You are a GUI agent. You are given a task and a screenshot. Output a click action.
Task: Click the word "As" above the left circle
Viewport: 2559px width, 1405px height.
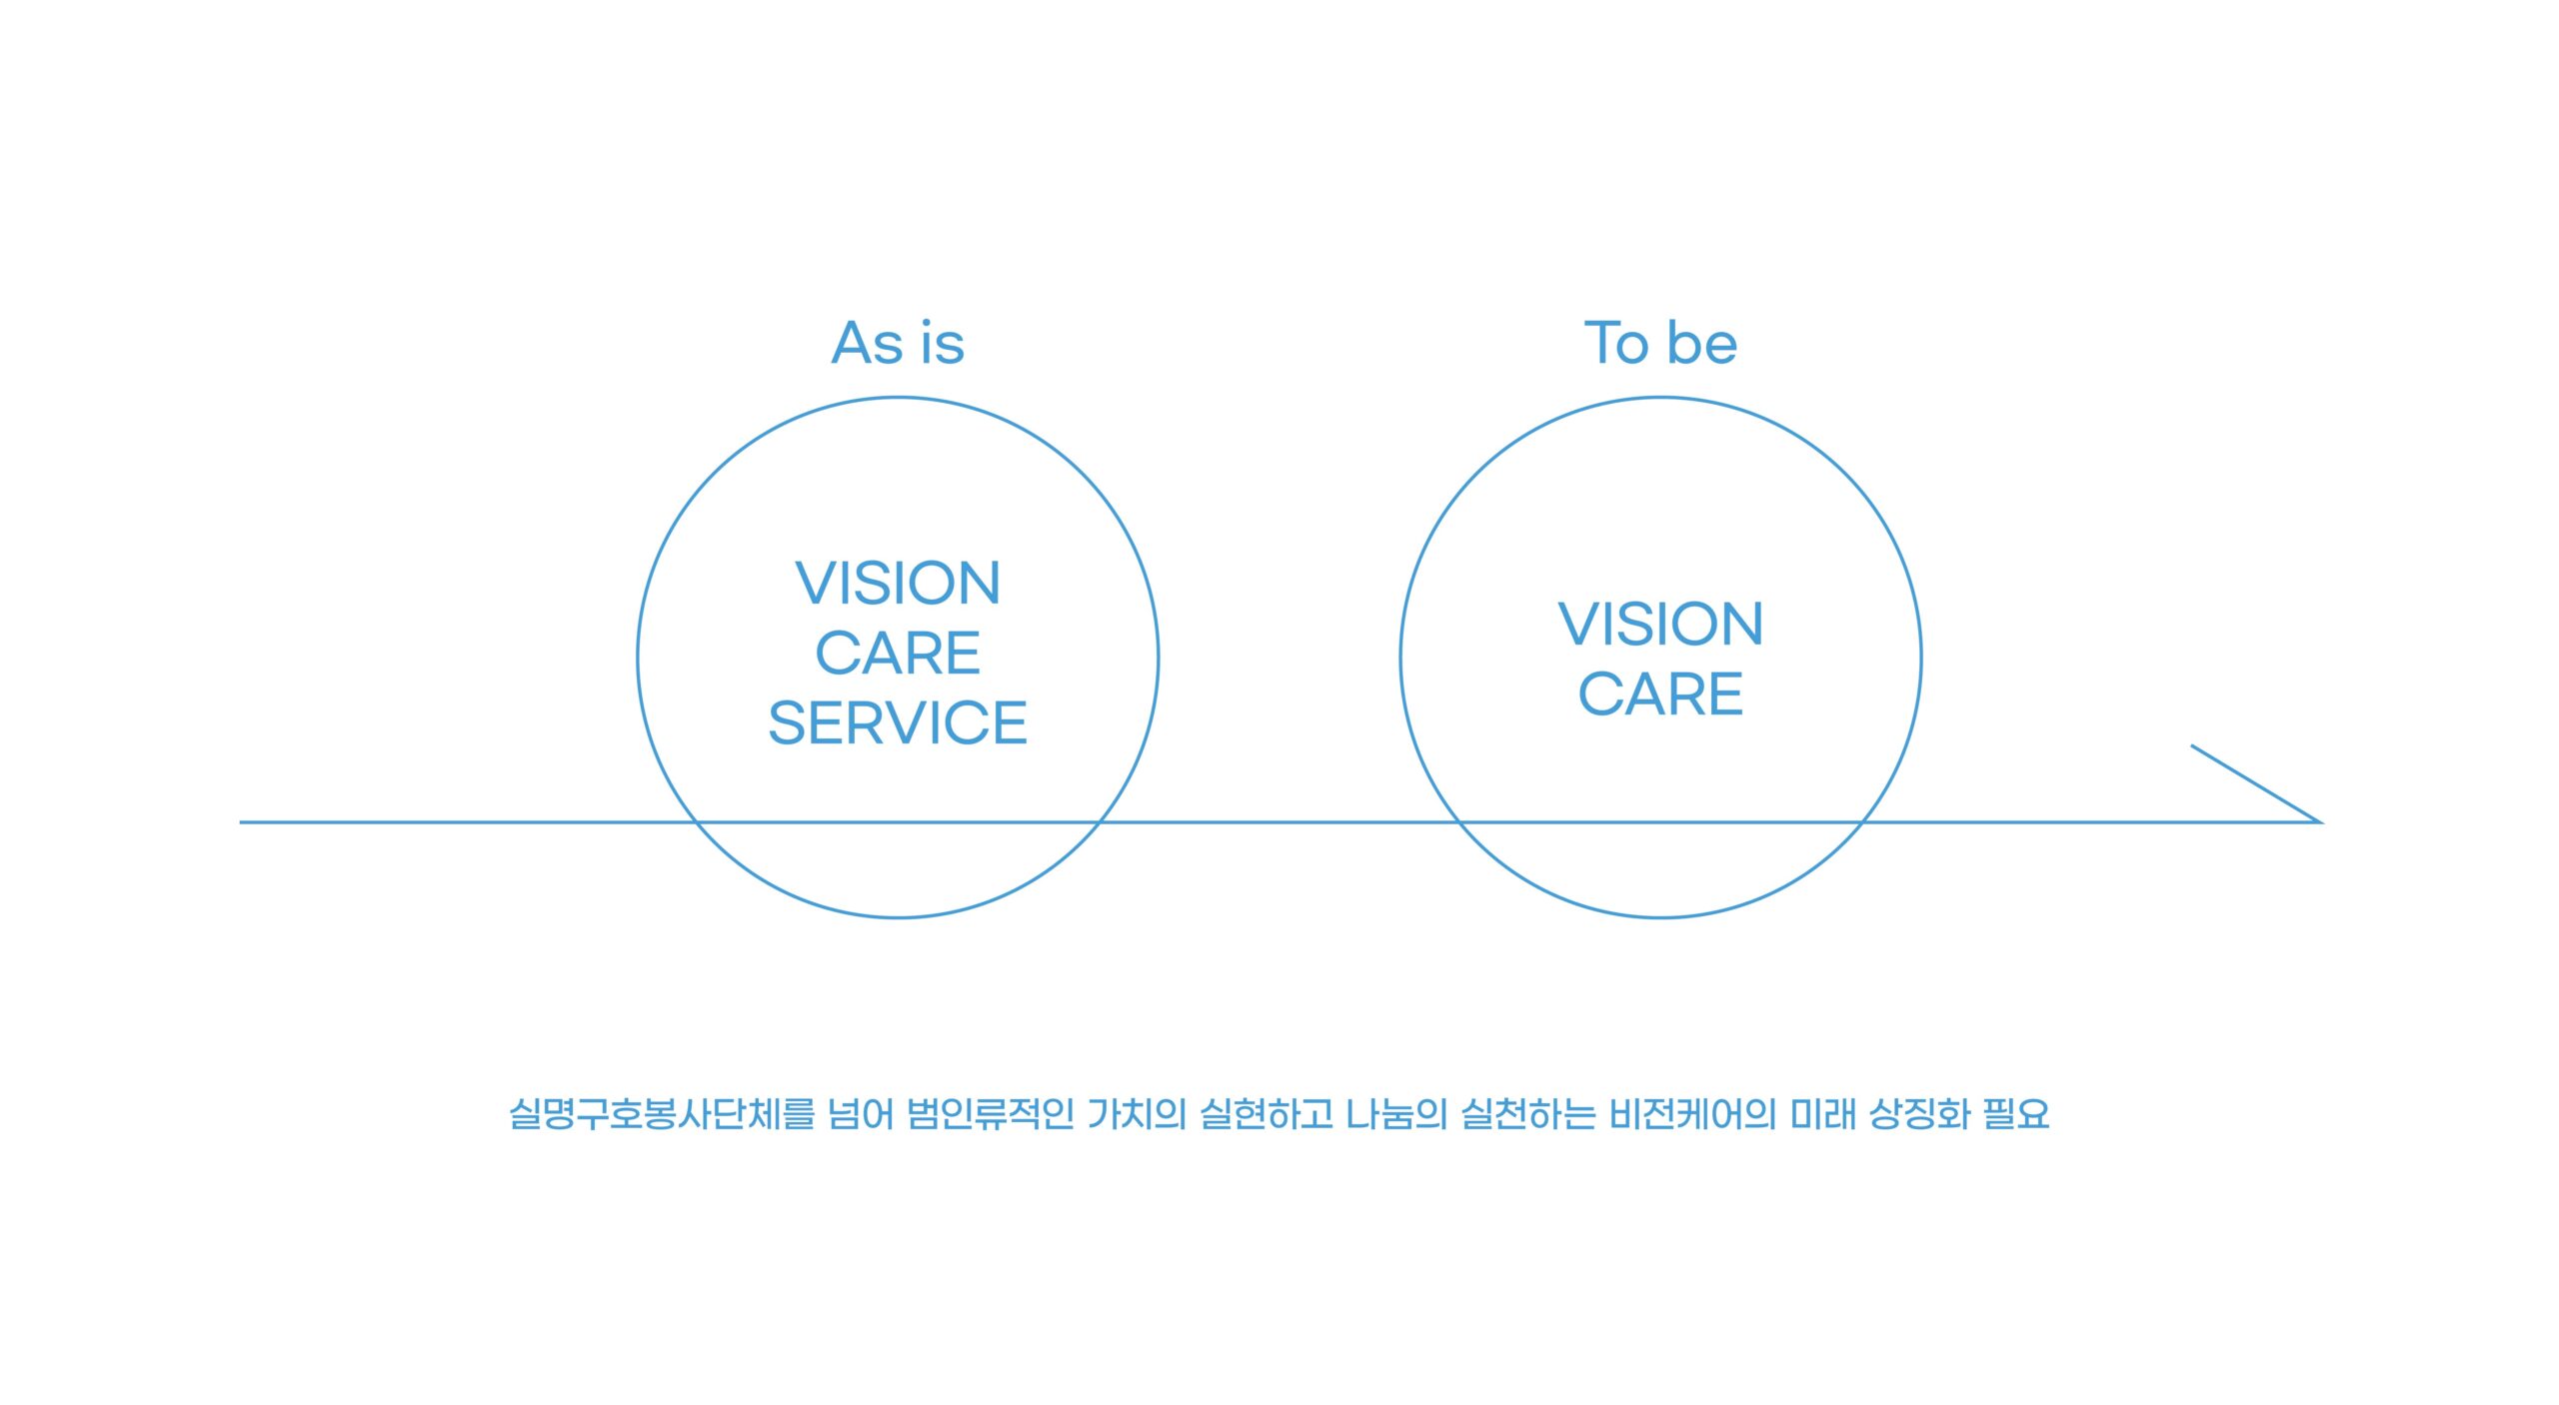pyautogui.click(x=868, y=343)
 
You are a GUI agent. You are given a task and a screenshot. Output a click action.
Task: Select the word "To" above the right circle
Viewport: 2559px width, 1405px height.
pyautogui.click(x=1616, y=343)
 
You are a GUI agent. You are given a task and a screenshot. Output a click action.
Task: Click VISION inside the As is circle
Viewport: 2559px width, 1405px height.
pyautogui.click(x=898, y=583)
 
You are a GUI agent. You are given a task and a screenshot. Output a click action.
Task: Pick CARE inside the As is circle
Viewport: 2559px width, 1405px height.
pyautogui.click(x=898, y=653)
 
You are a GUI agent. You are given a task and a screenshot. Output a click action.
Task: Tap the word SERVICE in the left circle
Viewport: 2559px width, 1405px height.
pyautogui.click(x=898, y=722)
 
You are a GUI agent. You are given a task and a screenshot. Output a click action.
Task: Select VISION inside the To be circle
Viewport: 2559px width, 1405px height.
pyautogui.click(x=1660, y=624)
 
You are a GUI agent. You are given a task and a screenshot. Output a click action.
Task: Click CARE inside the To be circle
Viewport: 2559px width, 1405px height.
pyautogui.click(x=1660, y=694)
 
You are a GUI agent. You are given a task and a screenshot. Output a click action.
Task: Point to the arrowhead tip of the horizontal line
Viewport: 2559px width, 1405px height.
pyautogui.click(x=2320, y=821)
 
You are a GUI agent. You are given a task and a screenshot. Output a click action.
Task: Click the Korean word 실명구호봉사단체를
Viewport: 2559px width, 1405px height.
pyautogui.click(x=662, y=1113)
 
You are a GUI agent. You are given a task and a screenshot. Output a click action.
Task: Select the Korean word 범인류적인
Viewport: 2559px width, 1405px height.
pyautogui.click(x=991, y=1113)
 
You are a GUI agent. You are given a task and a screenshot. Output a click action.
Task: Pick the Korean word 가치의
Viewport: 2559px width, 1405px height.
pyautogui.click(x=1137, y=1113)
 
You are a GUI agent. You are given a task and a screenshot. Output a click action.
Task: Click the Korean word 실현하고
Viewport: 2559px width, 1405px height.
pyautogui.click(x=1267, y=1113)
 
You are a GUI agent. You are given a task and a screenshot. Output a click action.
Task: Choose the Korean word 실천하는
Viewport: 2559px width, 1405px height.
pyautogui.click(x=1527, y=1113)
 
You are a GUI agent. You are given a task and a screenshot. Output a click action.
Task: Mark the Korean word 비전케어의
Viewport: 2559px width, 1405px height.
pyautogui.click(x=1692, y=1113)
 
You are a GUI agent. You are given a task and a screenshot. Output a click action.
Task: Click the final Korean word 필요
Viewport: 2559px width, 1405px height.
pyautogui.click(x=2016, y=1113)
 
